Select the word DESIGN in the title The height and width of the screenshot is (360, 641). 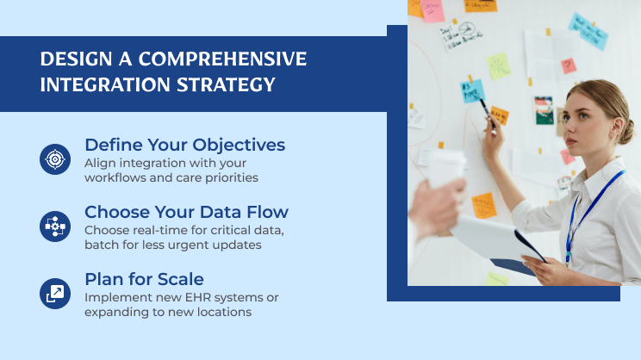tap(72, 59)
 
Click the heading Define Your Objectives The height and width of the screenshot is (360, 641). tap(184, 144)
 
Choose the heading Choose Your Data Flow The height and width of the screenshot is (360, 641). tap(186, 211)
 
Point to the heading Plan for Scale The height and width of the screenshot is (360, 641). tap(144, 279)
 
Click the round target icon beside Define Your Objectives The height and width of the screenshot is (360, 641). tap(55, 159)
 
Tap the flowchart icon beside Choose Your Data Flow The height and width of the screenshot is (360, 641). tap(55, 227)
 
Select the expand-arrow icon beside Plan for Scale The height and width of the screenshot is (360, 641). tap(55, 294)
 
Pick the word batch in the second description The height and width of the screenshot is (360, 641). tap(102, 245)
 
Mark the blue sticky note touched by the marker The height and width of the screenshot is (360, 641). tap(472, 90)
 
